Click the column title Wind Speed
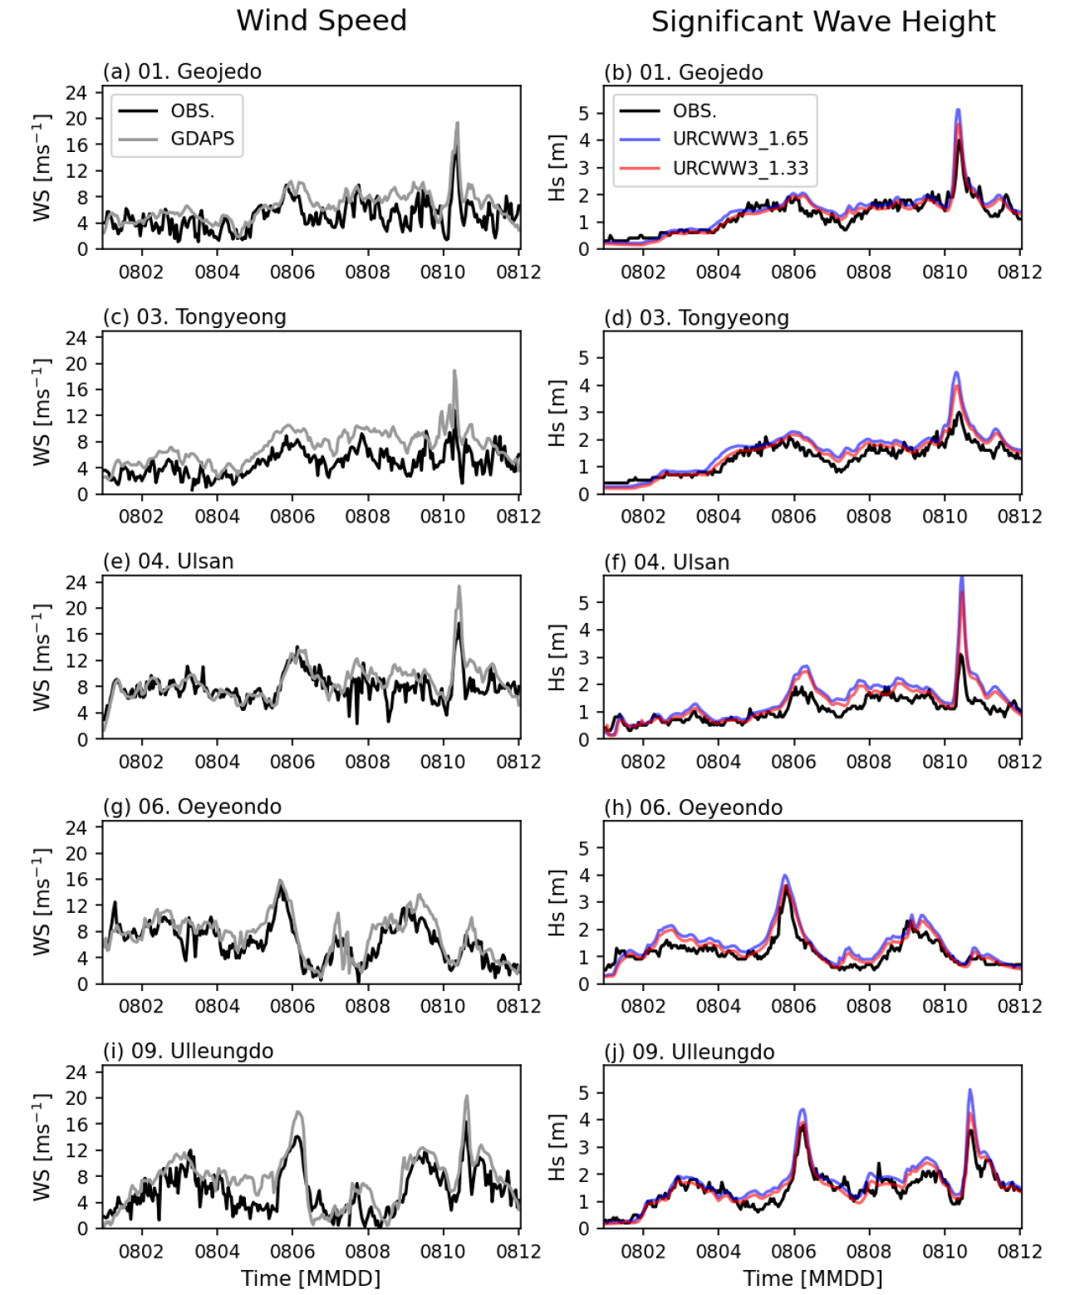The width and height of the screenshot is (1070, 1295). [321, 21]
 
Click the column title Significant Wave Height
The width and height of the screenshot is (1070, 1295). [822, 22]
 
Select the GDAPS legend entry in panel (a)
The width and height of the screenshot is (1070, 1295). [202, 139]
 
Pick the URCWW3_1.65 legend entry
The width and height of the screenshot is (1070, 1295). [739, 139]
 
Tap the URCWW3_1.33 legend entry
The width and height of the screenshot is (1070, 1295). [739, 168]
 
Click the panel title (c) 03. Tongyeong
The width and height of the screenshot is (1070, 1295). [194, 317]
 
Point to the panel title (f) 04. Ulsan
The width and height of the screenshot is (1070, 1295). [666, 562]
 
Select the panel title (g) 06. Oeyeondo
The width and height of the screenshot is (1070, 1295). [192, 807]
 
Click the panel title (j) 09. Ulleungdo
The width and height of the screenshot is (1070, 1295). [689, 1052]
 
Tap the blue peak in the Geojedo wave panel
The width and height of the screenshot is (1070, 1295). [958, 110]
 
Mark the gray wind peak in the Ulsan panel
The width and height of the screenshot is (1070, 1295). [459, 586]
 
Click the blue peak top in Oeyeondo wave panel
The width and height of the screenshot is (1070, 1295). [785, 876]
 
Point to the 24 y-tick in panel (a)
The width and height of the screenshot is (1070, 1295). [76, 92]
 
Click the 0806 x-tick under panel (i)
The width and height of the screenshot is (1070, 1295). [292, 1251]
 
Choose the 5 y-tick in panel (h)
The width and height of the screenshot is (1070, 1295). [584, 848]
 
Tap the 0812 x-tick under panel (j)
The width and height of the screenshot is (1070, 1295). [1019, 1251]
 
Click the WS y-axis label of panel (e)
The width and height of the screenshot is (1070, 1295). [42, 657]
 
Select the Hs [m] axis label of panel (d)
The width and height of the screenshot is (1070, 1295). [557, 413]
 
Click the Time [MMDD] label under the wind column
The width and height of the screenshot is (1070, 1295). [311, 1278]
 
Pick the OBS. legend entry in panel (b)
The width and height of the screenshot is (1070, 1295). [695, 110]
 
